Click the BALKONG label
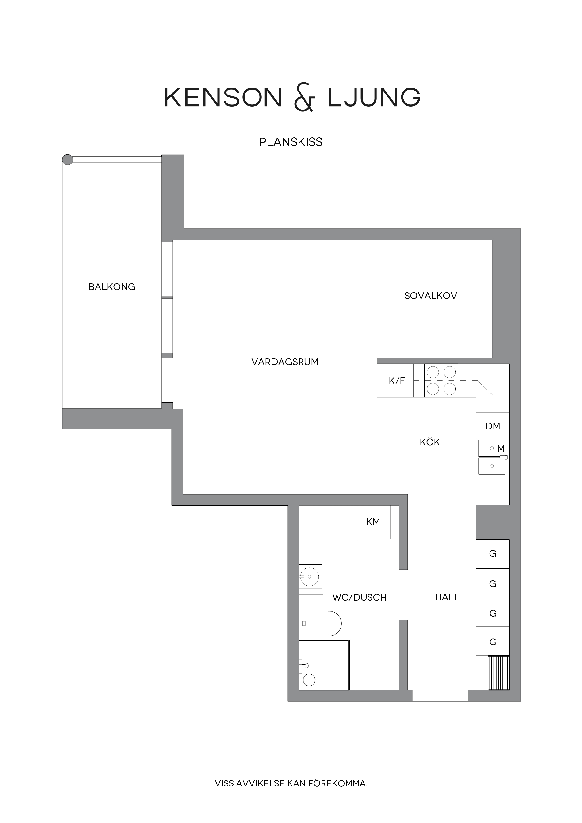112,287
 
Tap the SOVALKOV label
430,296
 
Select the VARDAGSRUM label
285,362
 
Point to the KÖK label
430,442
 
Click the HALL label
447,597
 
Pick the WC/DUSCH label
359,598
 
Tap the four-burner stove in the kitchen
441,381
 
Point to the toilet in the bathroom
320,624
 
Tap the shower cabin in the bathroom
324,665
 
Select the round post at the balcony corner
67,160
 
